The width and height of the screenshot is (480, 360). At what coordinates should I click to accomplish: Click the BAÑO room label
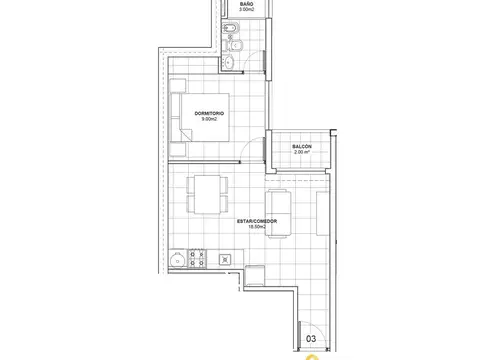[246, 4]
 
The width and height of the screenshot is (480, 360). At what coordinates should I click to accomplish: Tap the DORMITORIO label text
[209, 113]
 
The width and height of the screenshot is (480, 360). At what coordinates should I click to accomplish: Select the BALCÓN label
[302, 146]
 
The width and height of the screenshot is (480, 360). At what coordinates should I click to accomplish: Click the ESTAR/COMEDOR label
[257, 221]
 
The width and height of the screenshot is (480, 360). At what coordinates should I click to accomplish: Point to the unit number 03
[311, 339]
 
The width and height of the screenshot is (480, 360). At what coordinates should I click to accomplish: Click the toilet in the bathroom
[233, 45]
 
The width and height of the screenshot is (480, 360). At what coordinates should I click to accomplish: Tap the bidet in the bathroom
[230, 28]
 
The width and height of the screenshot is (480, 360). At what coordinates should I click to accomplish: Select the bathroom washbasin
[229, 62]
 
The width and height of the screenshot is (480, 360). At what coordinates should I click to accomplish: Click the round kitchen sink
[177, 260]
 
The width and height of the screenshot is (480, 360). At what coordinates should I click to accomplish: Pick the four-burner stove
[197, 258]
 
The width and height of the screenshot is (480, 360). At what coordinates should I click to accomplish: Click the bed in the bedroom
[200, 117]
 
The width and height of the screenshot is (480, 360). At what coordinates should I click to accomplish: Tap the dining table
[207, 194]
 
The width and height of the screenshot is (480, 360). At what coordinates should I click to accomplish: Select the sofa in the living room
[278, 213]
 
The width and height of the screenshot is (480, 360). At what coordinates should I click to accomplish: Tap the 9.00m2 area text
[209, 119]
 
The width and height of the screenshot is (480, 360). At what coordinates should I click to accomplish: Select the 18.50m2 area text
[257, 227]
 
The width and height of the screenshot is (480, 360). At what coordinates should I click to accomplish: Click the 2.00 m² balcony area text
[302, 152]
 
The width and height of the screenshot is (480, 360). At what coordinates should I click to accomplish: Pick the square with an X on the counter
[225, 260]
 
